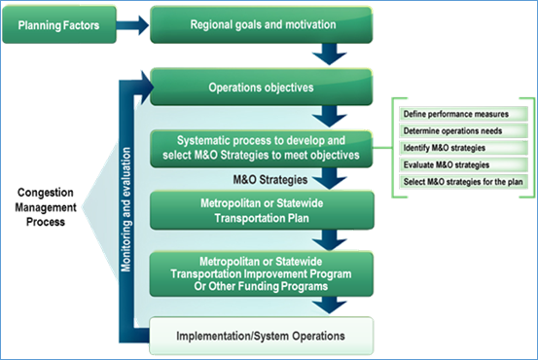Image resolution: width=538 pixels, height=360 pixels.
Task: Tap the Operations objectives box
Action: click(262, 87)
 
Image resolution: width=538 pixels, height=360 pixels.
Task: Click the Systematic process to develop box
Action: click(262, 148)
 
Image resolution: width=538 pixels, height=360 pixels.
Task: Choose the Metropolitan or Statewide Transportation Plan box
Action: click(262, 210)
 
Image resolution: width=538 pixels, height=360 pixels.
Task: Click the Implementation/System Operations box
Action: click(262, 337)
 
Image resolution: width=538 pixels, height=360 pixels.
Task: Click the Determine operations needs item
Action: click(455, 131)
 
